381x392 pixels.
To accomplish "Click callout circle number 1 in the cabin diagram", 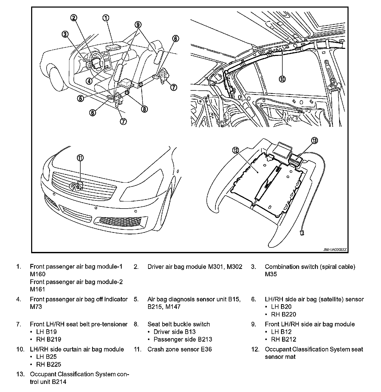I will (105, 18).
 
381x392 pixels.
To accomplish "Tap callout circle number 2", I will (74, 18).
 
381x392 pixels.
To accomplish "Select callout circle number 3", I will (65, 34).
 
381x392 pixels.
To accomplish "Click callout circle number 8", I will (144, 109).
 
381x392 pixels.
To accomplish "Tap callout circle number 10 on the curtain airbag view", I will (282, 79).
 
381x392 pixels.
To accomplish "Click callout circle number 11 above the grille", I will (80, 158).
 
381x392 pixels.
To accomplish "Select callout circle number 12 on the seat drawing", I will (236, 150).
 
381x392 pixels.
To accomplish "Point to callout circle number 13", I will (314, 141).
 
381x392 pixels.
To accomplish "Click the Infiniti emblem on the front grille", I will (74, 187).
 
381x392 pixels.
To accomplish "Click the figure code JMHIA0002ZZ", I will (335, 250).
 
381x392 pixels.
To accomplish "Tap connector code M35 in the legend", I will (271, 274).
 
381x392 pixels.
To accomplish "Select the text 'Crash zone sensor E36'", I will (180, 349).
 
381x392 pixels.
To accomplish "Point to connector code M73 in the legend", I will (36, 307).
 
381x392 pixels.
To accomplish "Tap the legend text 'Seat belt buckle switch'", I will (179, 324).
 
